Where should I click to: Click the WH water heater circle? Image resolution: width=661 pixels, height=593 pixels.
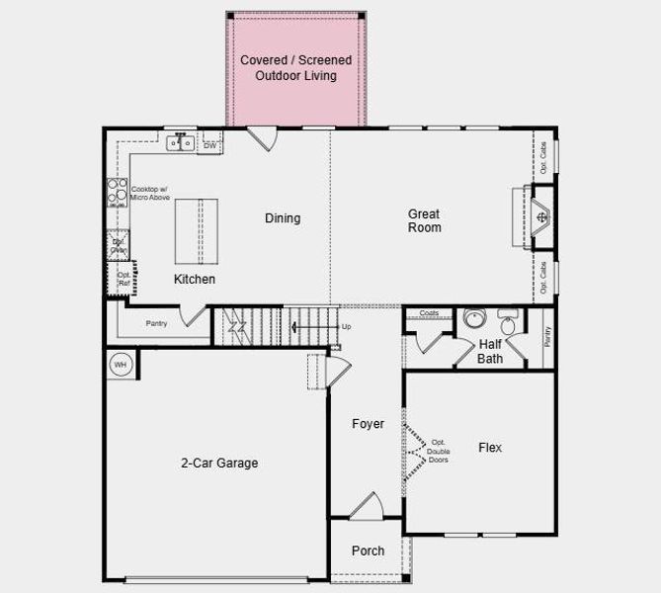coord(121,365)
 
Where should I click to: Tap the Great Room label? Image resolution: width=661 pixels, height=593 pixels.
coord(424,220)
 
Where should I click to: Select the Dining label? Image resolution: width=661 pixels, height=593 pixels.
coord(283,218)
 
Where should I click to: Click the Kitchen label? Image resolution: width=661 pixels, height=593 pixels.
coord(195,280)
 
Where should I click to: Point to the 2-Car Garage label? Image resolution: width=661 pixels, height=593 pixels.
coord(219,462)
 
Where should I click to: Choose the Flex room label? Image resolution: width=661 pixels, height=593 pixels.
coord(490,448)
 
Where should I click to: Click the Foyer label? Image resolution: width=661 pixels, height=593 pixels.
coord(369,424)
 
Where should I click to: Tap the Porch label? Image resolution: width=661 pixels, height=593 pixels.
coord(368,551)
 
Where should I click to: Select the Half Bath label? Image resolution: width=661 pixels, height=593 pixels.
coord(490,351)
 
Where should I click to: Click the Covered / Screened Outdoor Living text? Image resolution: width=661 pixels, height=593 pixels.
coord(295,68)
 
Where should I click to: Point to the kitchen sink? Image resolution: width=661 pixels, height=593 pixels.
coord(181,143)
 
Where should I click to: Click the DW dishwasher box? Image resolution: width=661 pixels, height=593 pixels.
coord(210,146)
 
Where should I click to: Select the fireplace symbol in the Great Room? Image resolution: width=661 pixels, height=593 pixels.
coord(540,214)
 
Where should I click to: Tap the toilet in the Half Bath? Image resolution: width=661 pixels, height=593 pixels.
coord(508,322)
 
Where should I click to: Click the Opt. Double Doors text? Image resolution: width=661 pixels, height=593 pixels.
coord(439,451)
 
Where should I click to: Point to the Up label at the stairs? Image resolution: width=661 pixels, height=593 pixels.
coord(346,326)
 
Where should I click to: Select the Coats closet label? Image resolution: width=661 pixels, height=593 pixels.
coord(429,313)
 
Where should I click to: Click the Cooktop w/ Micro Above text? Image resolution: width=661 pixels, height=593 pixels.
coord(149,194)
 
